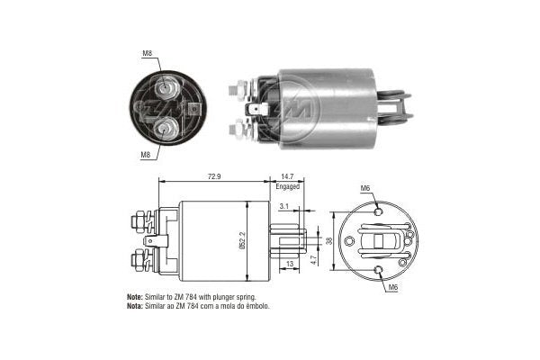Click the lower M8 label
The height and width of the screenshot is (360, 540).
point(146,155)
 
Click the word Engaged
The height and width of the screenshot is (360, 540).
point(288,187)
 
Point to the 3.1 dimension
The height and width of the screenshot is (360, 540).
point(284,207)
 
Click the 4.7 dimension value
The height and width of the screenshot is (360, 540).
point(312,259)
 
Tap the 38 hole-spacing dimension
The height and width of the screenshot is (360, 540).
point(328,241)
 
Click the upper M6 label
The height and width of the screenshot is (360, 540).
point(365,187)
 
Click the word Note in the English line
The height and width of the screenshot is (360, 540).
point(134,296)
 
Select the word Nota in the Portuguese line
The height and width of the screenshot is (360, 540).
point(134,306)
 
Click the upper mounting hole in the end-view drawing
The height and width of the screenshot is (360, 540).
point(379,211)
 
